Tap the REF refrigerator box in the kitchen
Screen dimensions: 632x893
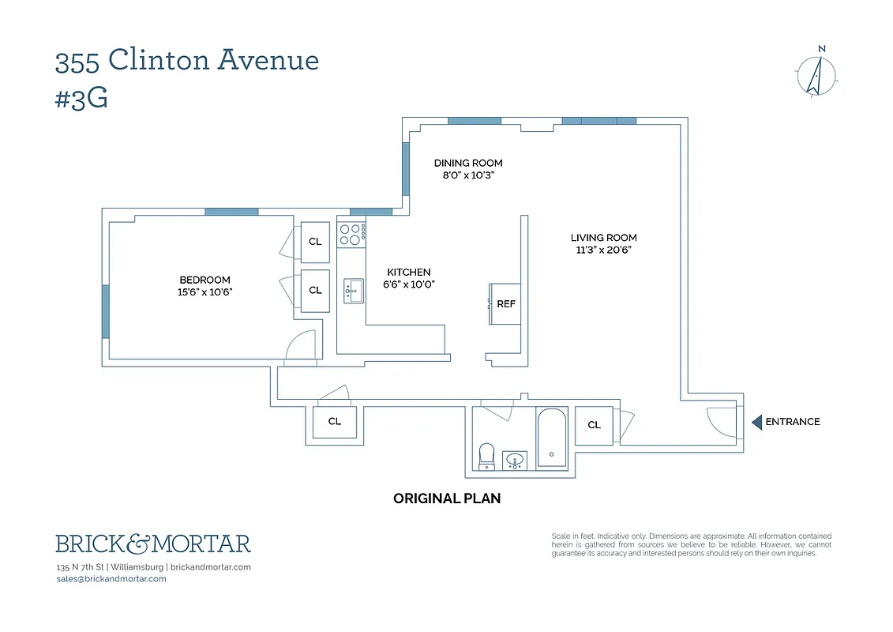505,304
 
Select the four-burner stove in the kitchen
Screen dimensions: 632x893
351,234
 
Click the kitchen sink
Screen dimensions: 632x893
352,291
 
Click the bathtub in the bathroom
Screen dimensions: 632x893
550,438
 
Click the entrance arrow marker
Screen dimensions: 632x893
756,422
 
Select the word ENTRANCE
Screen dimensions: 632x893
793,422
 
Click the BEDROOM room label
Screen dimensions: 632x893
204,280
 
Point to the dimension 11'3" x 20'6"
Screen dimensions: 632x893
603,250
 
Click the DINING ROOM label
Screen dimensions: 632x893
468,164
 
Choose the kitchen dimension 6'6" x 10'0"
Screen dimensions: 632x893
408,284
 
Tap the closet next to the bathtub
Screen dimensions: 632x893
594,425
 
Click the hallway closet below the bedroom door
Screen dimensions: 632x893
335,422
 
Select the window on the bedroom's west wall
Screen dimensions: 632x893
106,311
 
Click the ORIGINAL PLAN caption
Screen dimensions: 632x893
447,498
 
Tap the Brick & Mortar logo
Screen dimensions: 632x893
153,544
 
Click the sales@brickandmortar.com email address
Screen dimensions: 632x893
111,579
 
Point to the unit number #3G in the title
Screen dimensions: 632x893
81,99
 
